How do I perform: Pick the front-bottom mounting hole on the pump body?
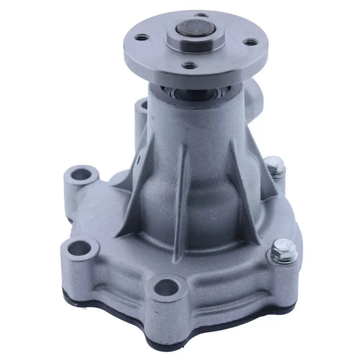[168, 287]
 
